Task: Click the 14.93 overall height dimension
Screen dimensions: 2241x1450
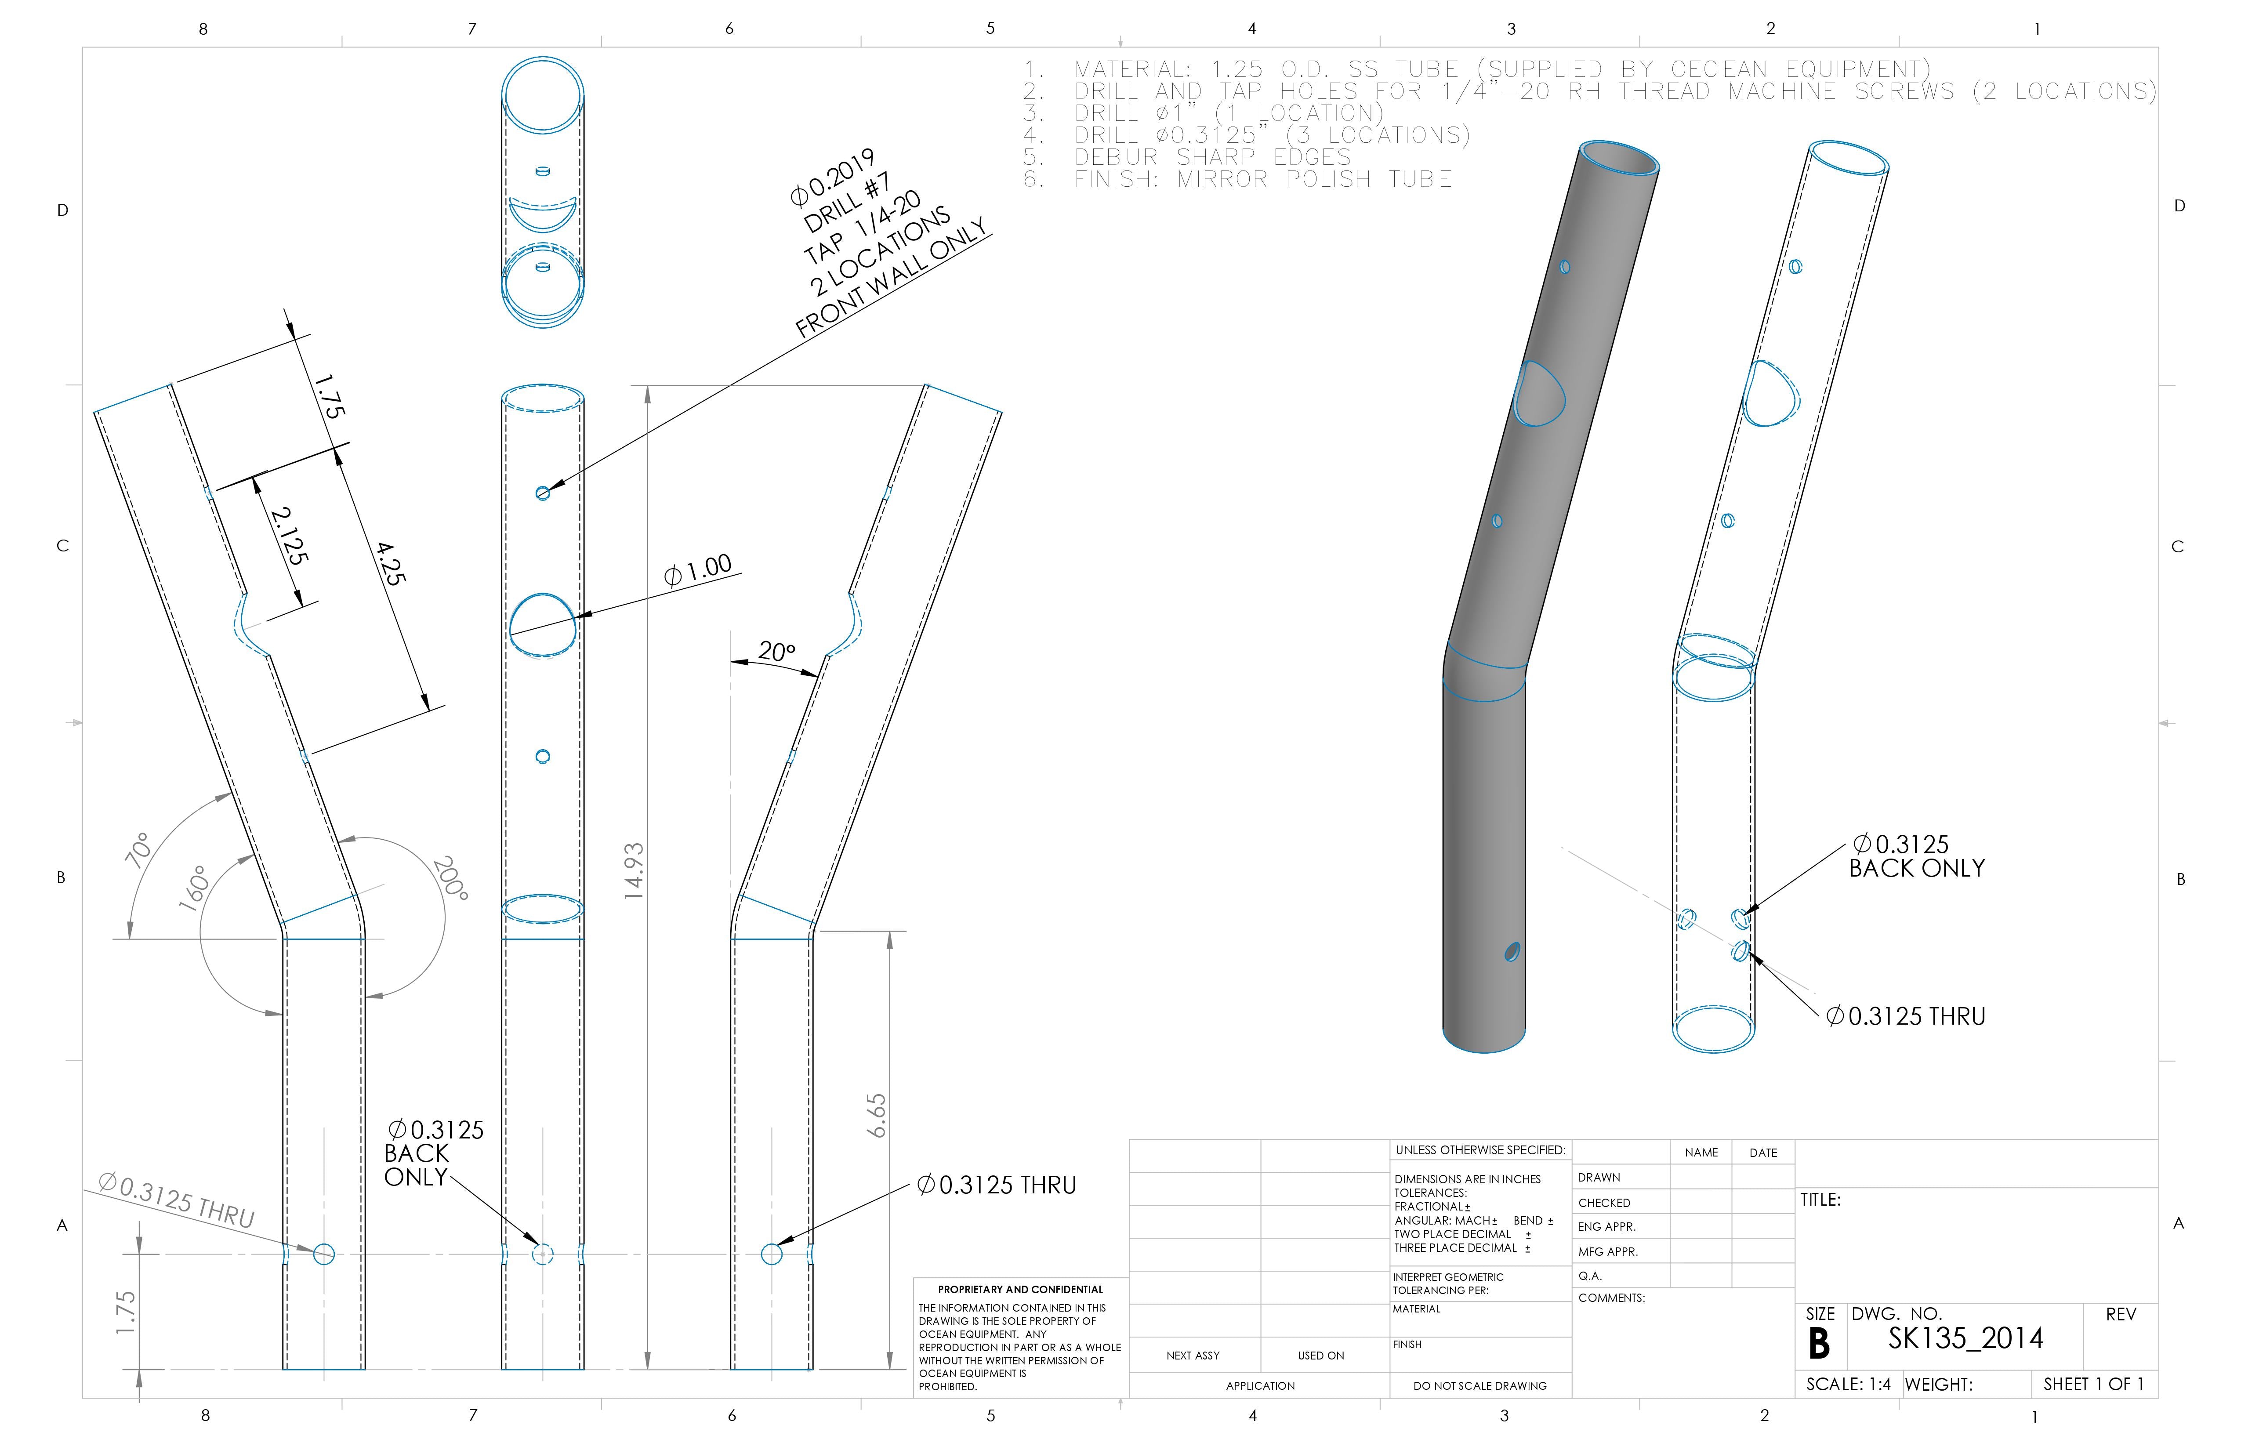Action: [x=634, y=871]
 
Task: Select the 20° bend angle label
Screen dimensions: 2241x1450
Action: [x=777, y=651]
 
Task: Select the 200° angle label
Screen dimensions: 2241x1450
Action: [x=450, y=877]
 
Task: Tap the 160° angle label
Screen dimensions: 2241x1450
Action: [x=193, y=888]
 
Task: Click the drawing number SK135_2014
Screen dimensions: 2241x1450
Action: [x=1965, y=1338]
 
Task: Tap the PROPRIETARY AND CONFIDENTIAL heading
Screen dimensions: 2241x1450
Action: [x=1020, y=1289]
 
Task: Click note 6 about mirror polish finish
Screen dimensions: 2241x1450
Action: [x=1238, y=179]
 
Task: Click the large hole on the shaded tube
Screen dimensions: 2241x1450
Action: [x=1538, y=394]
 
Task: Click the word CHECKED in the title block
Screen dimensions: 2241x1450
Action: [x=1604, y=1202]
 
